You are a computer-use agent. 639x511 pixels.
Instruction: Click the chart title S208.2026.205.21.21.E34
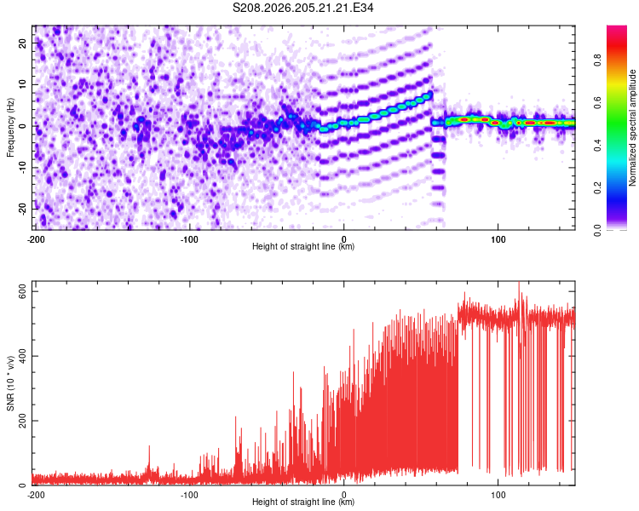tap(302, 8)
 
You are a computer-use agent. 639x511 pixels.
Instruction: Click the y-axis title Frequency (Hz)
tap(10, 128)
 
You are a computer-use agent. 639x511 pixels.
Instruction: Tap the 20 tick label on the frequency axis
tap(23, 43)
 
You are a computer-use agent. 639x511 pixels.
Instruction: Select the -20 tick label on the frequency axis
tap(23, 209)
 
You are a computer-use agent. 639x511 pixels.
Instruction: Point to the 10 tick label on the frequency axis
tap(23, 84)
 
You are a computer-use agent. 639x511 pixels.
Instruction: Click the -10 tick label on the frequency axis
tap(23, 167)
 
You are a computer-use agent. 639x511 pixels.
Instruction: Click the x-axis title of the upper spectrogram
tap(303, 246)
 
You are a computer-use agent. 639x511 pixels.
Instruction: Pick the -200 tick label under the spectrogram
tap(36, 239)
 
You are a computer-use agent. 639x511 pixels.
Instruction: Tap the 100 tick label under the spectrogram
tap(498, 239)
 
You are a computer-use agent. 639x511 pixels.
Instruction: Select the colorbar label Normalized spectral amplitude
tap(632, 128)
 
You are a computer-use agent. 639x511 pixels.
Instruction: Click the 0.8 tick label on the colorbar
tap(597, 60)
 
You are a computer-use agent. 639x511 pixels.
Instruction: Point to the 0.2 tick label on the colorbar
tap(597, 187)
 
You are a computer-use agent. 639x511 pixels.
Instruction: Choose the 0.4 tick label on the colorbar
tap(597, 145)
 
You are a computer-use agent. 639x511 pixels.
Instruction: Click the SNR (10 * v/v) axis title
tap(10, 383)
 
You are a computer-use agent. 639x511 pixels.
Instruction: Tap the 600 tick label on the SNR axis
tap(23, 291)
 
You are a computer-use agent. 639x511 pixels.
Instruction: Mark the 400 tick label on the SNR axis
tap(23, 356)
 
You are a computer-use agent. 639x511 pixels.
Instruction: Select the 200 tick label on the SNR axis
tap(23, 421)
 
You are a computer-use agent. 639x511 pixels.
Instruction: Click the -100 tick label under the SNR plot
tap(189, 495)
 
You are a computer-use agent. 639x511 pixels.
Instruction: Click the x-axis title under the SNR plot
tap(303, 502)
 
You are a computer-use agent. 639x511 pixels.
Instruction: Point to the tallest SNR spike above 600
tap(519, 283)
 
